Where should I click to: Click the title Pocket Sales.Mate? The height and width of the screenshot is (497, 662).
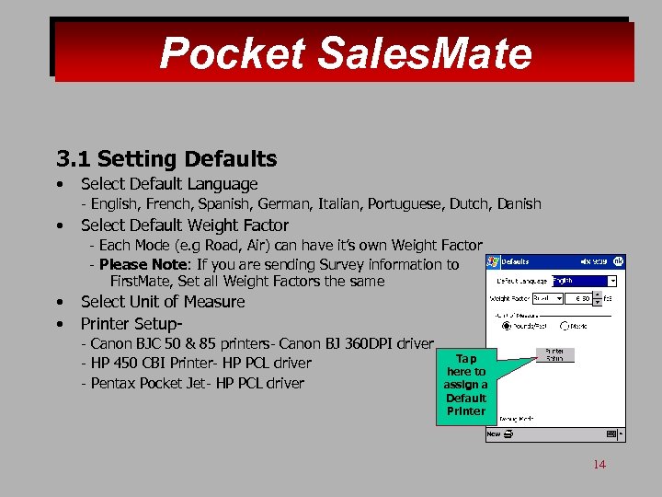point(345,52)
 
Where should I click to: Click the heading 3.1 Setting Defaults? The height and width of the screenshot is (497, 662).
point(166,159)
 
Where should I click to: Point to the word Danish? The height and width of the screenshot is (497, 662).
point(517,203)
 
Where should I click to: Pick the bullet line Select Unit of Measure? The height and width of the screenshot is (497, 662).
point(163,302)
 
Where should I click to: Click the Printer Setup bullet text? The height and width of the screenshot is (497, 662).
point(131,323)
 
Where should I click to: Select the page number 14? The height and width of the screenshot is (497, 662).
point(599,464)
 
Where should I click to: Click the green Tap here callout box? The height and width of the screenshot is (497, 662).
point(465,385)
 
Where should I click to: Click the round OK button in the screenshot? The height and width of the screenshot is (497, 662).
point(619,262)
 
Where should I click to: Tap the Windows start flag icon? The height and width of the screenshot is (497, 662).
point(494,262)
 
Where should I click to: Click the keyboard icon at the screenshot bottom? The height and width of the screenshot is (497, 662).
point(611,433)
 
